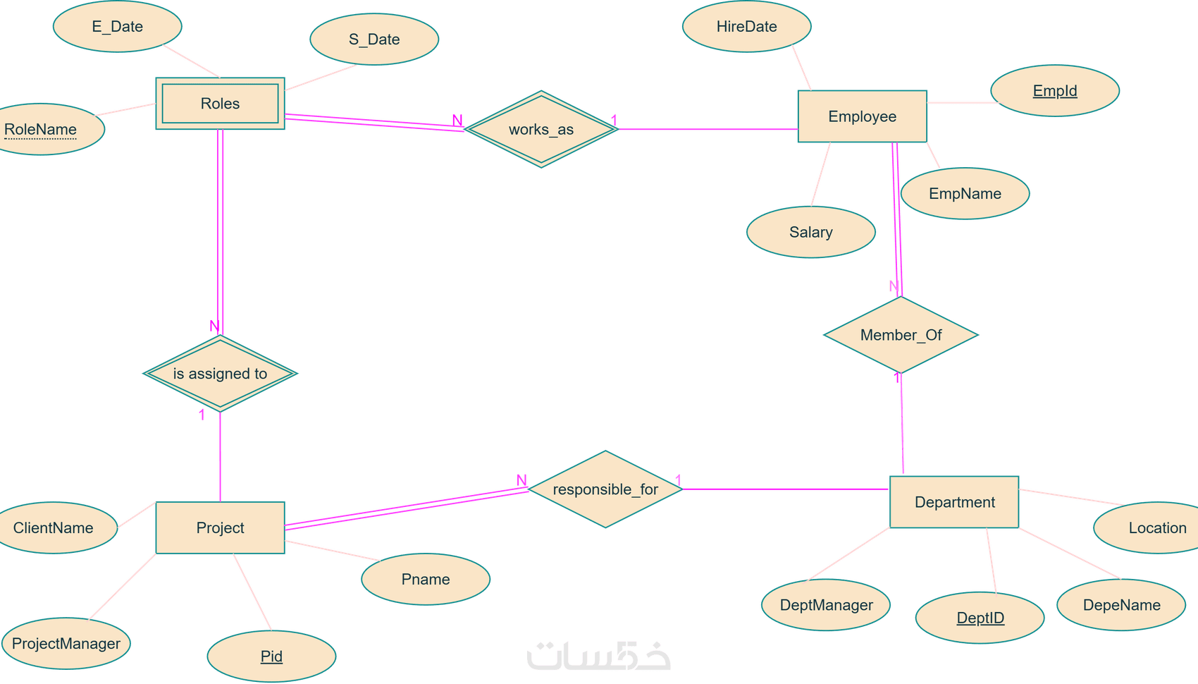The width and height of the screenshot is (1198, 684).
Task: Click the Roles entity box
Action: (x=220, y=103)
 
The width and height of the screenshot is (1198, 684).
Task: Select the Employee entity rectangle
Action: (x=862, y=116)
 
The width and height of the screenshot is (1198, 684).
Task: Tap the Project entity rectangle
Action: (x=220, y=527)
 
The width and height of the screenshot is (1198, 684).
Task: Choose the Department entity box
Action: (x=954, y=502)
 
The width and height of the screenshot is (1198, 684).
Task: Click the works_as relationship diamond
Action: (x=541, y=129)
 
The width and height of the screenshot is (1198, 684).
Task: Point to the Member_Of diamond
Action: (x=901, y=335)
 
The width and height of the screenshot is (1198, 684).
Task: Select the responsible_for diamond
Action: (x=605, y=489)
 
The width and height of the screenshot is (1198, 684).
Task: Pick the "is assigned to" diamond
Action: (x=220, y=374)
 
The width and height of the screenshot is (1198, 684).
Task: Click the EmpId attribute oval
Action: (x=1055, y=90)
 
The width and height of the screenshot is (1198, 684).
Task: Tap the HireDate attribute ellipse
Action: (x=746, y=26)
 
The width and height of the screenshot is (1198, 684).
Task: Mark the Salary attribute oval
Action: (x=811, y=232)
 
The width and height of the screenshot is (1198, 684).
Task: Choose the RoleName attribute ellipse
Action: (x=41, y=129)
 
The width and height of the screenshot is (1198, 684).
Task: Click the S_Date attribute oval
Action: (x=374, y=39)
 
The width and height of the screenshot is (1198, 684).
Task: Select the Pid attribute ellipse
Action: (x=272, y=656)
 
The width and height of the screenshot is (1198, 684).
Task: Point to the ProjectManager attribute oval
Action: (x=66, y=643)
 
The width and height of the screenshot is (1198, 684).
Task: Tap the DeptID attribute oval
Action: (x=980, y=618)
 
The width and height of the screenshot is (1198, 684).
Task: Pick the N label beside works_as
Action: (x=457, y=121)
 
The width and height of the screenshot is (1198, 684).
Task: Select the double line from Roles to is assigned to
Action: (x=220, y=232)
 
